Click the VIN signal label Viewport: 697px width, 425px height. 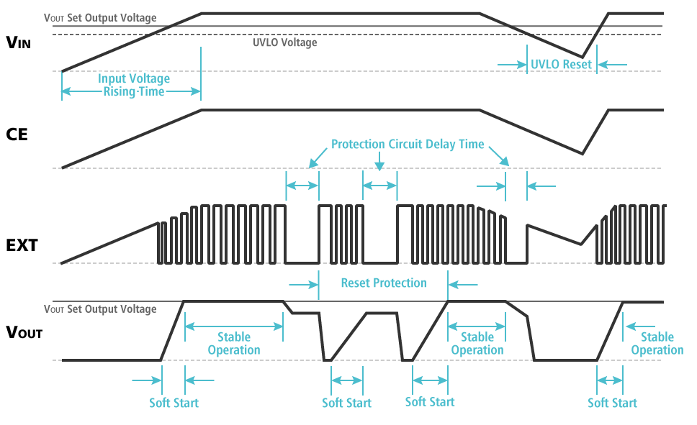[18, 42]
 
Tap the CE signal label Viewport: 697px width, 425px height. [17, 134]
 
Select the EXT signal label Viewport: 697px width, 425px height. [21, 245]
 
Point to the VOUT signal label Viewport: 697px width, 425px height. [24, 332]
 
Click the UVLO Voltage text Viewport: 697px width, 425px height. [284, 42]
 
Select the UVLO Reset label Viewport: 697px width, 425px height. [561, 64]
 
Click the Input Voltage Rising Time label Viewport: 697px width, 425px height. [134, 85]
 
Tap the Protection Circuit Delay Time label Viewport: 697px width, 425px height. [408, 144]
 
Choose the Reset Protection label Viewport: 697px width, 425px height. [384, 283]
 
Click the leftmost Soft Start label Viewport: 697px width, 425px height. [174, 402]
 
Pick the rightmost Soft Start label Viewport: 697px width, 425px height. [612, 402]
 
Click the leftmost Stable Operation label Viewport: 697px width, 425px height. [234, 343]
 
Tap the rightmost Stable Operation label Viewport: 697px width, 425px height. [657, 343]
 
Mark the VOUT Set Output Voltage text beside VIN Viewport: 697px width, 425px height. [100, 17]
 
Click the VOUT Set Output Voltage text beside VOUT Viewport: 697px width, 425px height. [100, 309]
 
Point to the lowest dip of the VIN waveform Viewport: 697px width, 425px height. [582, 56]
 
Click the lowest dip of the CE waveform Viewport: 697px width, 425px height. [582, 153]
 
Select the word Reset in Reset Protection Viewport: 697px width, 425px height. [356, 283]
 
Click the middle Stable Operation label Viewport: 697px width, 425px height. [477, 343]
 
